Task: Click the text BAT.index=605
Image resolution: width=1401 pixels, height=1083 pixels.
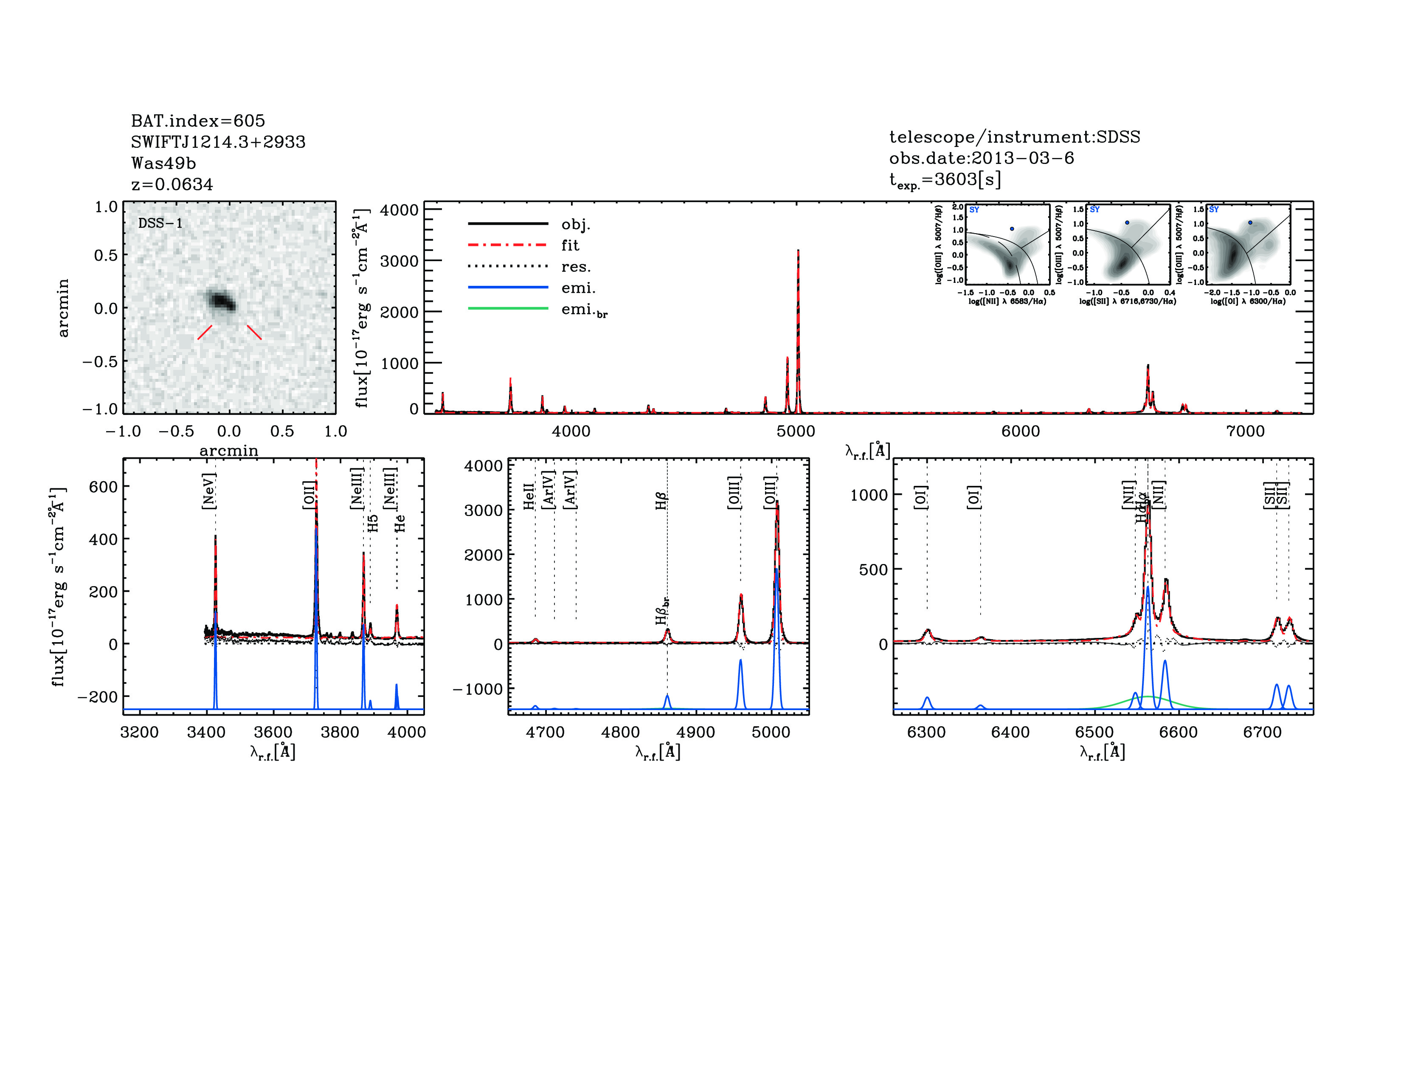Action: tap(197, 121)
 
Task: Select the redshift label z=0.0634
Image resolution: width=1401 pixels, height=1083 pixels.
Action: tap(172, 185)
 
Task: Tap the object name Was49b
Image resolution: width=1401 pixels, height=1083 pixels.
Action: tap(163, 164)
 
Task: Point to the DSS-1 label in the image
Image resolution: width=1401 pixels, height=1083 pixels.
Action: tap(160, 223)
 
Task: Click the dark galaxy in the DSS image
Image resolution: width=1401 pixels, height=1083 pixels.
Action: tap(221, 300)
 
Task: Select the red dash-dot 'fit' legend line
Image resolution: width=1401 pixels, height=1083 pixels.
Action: tap(508, 245)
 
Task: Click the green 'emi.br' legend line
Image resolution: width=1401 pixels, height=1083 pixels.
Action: tap(508, 309)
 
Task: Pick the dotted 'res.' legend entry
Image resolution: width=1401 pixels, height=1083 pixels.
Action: tap(508, 266)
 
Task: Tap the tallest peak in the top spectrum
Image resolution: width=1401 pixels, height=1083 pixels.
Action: tap(798, 251)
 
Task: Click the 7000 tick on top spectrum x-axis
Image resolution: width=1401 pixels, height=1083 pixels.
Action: tap(1245, 431)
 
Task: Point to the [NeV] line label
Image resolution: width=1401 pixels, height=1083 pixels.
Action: tap(208, 491)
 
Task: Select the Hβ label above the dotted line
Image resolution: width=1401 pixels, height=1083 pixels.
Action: tap(661, 500)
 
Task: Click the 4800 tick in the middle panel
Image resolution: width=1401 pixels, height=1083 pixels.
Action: tap(620, 732)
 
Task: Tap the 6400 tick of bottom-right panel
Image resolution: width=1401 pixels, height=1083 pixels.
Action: tap(1010, 732)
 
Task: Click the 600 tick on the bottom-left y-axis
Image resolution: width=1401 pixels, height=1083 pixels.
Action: tap(103, 487)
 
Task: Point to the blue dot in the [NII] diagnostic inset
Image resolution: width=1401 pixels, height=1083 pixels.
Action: tap(1012, 229)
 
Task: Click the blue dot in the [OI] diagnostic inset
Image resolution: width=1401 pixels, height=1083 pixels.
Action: tap(1249, 223)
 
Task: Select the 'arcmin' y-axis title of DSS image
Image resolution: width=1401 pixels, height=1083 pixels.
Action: tap(63, 307)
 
